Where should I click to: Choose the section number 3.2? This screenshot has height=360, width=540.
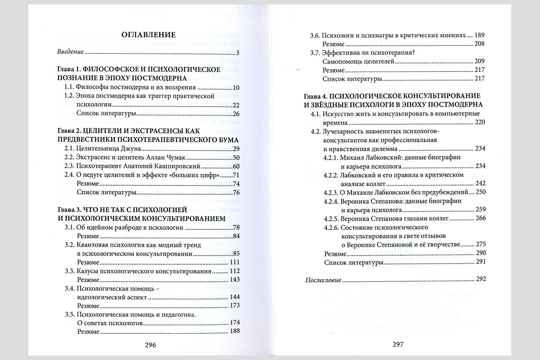pos(69,244)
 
